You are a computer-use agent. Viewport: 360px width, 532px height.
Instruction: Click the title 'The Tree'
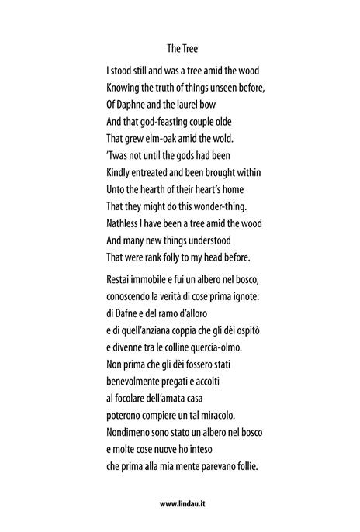[x=182, y=47]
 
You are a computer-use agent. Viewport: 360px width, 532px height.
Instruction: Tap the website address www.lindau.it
[x=182, y=503]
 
